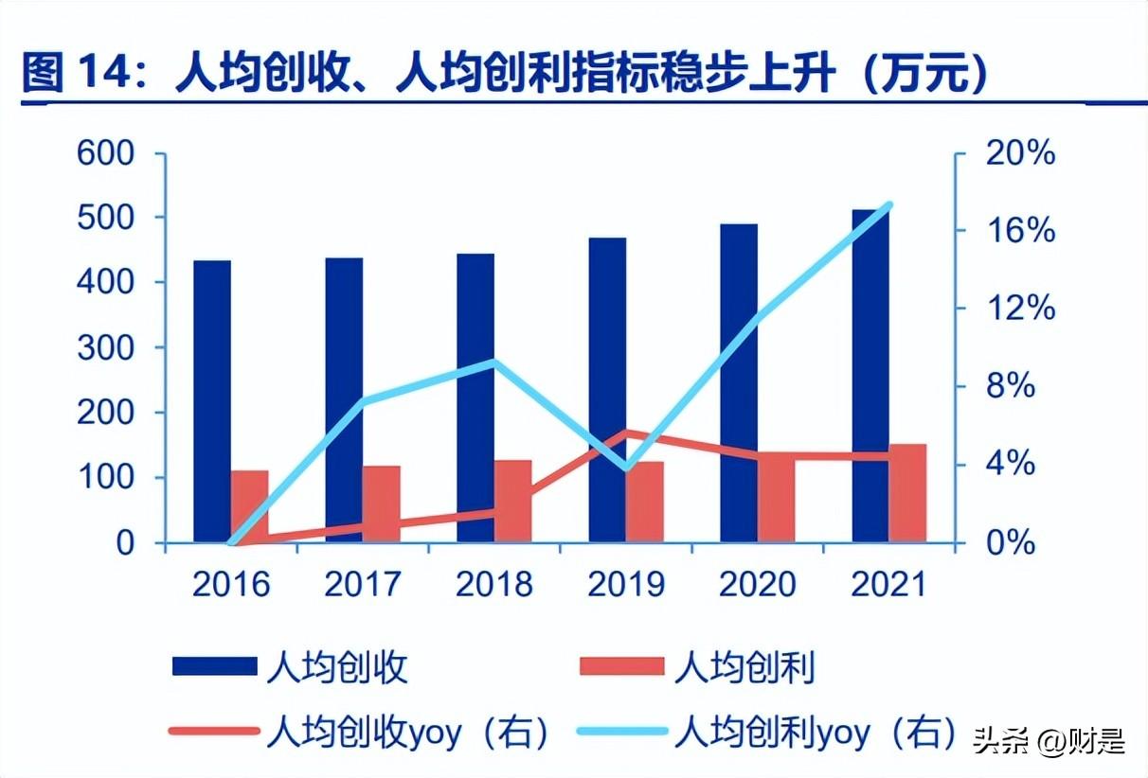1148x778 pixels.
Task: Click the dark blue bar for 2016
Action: (212, 401)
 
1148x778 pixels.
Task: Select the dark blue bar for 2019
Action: (607, 389)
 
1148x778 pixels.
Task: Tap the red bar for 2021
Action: (907, 493)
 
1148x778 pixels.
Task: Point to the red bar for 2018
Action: (513, 501)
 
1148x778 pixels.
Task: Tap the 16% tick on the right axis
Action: (1020, 231)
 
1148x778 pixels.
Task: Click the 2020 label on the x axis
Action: (758, 584)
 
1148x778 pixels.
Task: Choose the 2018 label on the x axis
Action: (494, 584)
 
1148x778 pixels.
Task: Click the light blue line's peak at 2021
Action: (888, 204)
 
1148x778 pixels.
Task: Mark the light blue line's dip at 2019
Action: (626, 468)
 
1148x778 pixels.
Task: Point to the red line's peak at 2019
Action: (626, 433)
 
